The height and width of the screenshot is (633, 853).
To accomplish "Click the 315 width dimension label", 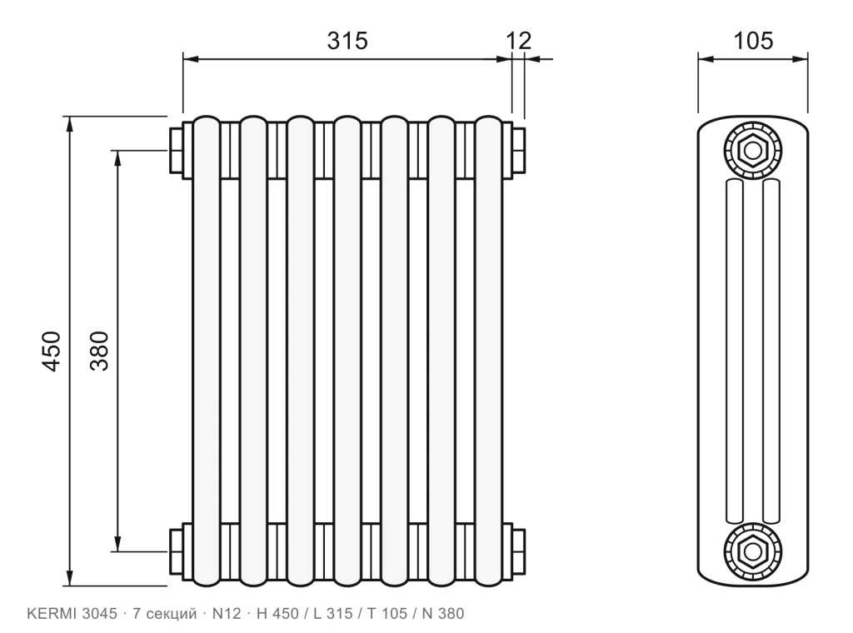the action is coord(347,41).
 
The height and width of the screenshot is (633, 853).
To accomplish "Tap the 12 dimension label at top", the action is coord(518,41).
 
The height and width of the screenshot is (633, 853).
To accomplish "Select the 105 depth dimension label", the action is coord(753,41).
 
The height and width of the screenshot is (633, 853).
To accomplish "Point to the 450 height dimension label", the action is coord(52,351).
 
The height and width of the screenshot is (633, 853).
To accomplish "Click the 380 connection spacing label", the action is coord(100,351).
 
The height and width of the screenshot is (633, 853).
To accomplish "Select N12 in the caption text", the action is coord(227,614).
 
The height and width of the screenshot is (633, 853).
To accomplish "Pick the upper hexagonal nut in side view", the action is coord(753,151).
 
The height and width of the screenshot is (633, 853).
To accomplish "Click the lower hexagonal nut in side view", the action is coord(753,552).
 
